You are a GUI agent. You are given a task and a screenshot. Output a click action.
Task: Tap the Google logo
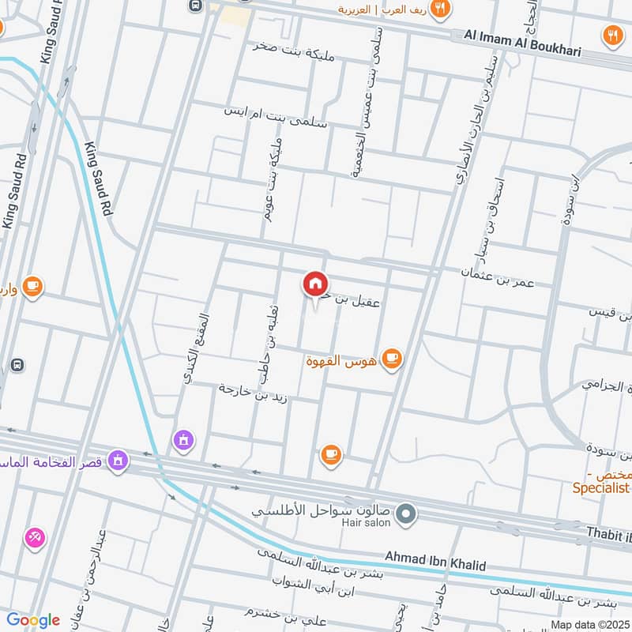pos(32,619)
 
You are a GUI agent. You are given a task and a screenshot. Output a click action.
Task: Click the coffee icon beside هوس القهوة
pos(391,359)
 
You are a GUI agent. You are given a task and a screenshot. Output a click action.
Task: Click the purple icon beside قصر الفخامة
pos(118,459)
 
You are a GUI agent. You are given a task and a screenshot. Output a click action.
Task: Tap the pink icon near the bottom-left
pos(35,538)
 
